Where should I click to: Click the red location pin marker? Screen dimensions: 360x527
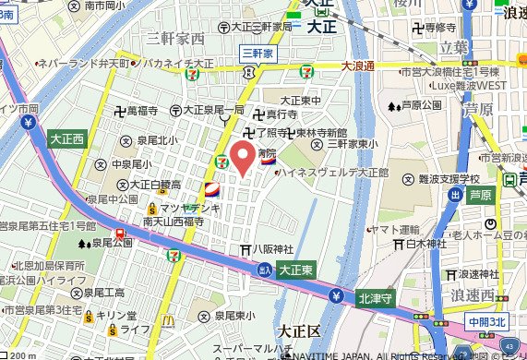(243, 156)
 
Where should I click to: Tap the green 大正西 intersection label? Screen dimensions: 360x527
(67, 140)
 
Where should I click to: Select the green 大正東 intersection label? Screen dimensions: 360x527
(297, 269)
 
